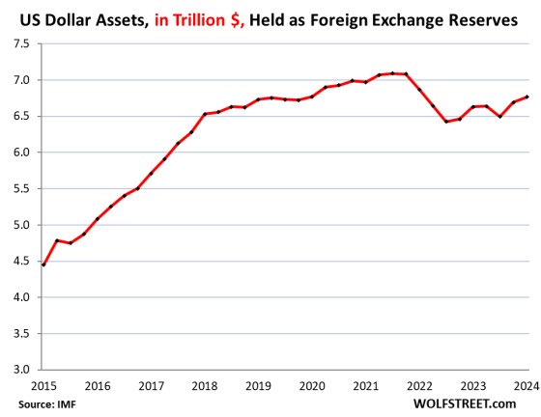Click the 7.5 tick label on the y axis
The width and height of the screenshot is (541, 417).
tap(20, 43)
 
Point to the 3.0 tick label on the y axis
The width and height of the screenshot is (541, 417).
tap(20, 369)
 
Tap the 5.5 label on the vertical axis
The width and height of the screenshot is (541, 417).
tap(20, 188)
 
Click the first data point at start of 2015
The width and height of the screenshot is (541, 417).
tap(43, 264)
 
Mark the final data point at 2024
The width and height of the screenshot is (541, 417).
tap(527, 97)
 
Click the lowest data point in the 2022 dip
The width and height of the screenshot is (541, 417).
tap(446, 122)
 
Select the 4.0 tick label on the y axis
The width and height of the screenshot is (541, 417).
tap(20, 296)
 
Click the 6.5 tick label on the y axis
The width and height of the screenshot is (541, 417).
tap(20, 116)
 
